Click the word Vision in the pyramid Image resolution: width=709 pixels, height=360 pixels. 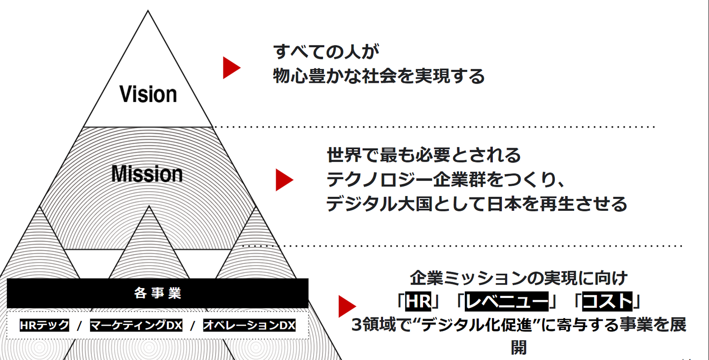(x=148, y=94)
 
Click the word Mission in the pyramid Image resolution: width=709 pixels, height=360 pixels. (x=147, y=174)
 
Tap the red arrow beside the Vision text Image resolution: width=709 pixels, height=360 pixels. (x=230, y=68)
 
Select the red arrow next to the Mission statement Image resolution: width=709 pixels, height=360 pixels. (x=284, y=180)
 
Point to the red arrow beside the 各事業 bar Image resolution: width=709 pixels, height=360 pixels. (x=346, y=306)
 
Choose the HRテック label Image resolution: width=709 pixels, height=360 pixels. (x=44, y=326)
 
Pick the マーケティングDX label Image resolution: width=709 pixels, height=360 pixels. (x=136, y=326)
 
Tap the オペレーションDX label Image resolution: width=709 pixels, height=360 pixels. (x=249, y=326)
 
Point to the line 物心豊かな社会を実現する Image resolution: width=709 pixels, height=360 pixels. (x=379, y=76)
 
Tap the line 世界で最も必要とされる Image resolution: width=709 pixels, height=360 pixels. (x=424, y=155)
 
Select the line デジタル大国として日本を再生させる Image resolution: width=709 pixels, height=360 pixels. (x=477, y=204)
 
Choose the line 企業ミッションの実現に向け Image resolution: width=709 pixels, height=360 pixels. (x=519, y=278)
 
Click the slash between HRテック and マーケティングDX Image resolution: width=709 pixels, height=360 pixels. (x=80, y=326)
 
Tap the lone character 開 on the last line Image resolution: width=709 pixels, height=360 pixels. (x=519, y=347)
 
